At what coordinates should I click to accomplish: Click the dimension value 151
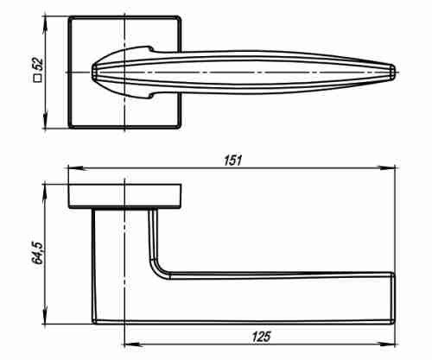233,160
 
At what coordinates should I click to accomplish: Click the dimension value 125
262,337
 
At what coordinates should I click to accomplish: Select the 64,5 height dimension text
37,253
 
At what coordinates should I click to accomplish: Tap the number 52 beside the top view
37,65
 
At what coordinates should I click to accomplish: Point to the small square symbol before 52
38,79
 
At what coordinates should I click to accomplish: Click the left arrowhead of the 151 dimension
77,167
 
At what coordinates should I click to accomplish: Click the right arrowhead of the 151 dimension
387,167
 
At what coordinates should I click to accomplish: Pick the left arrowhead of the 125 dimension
133,344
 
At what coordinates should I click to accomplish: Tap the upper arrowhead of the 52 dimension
45,25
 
